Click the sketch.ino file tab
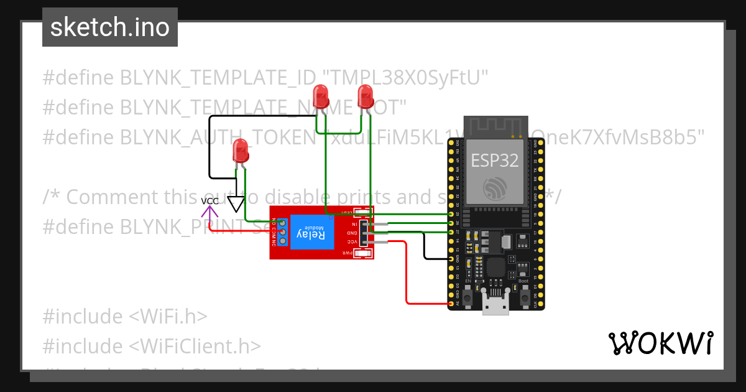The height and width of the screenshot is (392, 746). (x=110, y=27)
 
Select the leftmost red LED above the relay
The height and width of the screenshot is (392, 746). (x=241, y=151)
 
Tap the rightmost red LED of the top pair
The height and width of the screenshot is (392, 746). (x=366, y=96)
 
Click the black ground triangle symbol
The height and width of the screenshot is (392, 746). (x=236, y=204)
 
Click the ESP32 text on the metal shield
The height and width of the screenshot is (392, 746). (x=494, y=161)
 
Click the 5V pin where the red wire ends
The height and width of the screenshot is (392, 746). (x=451, y=304)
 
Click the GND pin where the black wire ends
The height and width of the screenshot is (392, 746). (x=451, y=258)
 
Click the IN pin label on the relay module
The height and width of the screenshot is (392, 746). (x=355, y=223)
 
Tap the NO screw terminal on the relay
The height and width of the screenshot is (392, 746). (x=282, y=223)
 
